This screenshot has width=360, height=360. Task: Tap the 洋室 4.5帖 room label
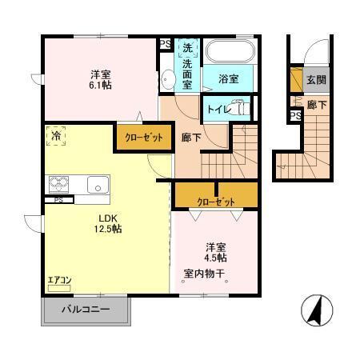(x=215, y=252)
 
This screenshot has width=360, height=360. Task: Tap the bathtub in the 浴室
(x=229, y=54)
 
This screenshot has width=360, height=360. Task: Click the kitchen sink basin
(x=98, y=184)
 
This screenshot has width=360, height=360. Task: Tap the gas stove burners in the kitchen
(x=59, y=183)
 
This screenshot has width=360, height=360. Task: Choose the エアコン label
(x=60, y=280)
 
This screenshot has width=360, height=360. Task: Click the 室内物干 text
(x=205, y=274)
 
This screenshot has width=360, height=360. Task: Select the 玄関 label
(x=315, y=80)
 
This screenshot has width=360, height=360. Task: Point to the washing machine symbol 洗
(x=186, y=46)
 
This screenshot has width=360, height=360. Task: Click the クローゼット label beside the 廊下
(x=143, y=137)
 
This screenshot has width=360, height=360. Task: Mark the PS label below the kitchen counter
(x=58, y=200)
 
